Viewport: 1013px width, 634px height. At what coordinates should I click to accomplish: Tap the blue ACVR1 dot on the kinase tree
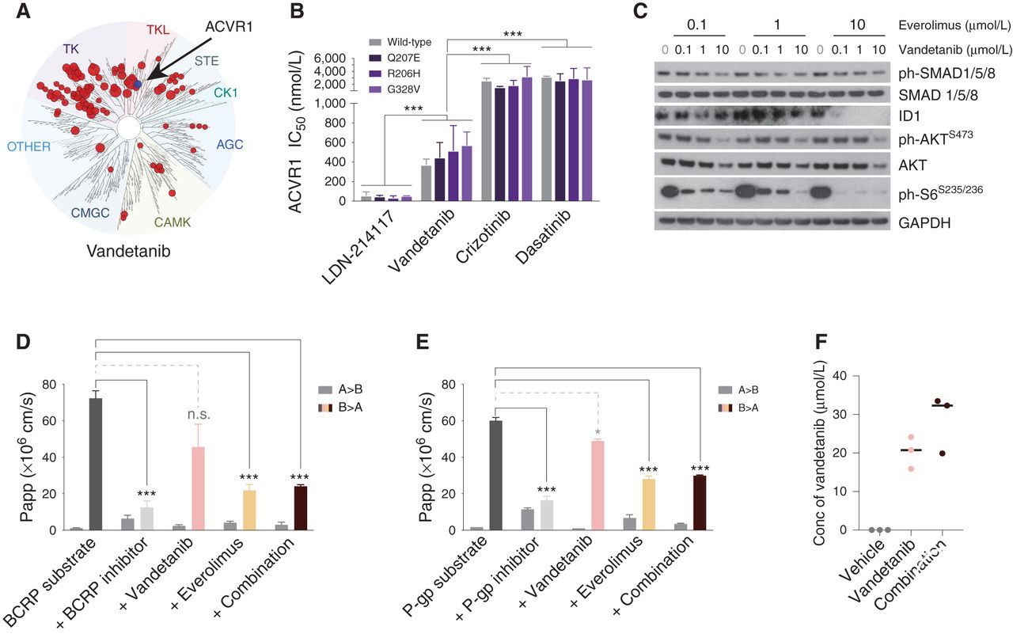pos(137,83)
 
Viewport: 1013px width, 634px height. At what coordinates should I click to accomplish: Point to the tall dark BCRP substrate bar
pos(96,463)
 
